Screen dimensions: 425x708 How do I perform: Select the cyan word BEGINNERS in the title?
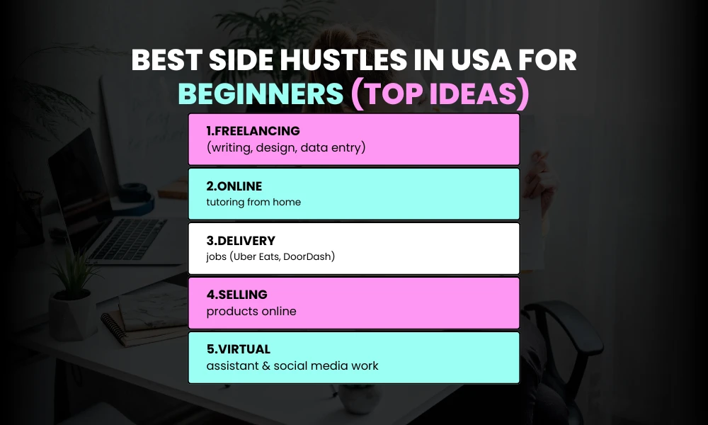coord(260,93)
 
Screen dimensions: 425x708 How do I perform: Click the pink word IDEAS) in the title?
coord(480,93)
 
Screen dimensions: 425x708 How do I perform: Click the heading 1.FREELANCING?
coord(253,131)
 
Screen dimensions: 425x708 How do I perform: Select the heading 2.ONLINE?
coord(234,186)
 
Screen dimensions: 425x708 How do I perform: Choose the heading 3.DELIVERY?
coord(240,241)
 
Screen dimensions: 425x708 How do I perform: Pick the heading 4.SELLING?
coord(236,295)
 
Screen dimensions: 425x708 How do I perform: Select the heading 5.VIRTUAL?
coord(238,349)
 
